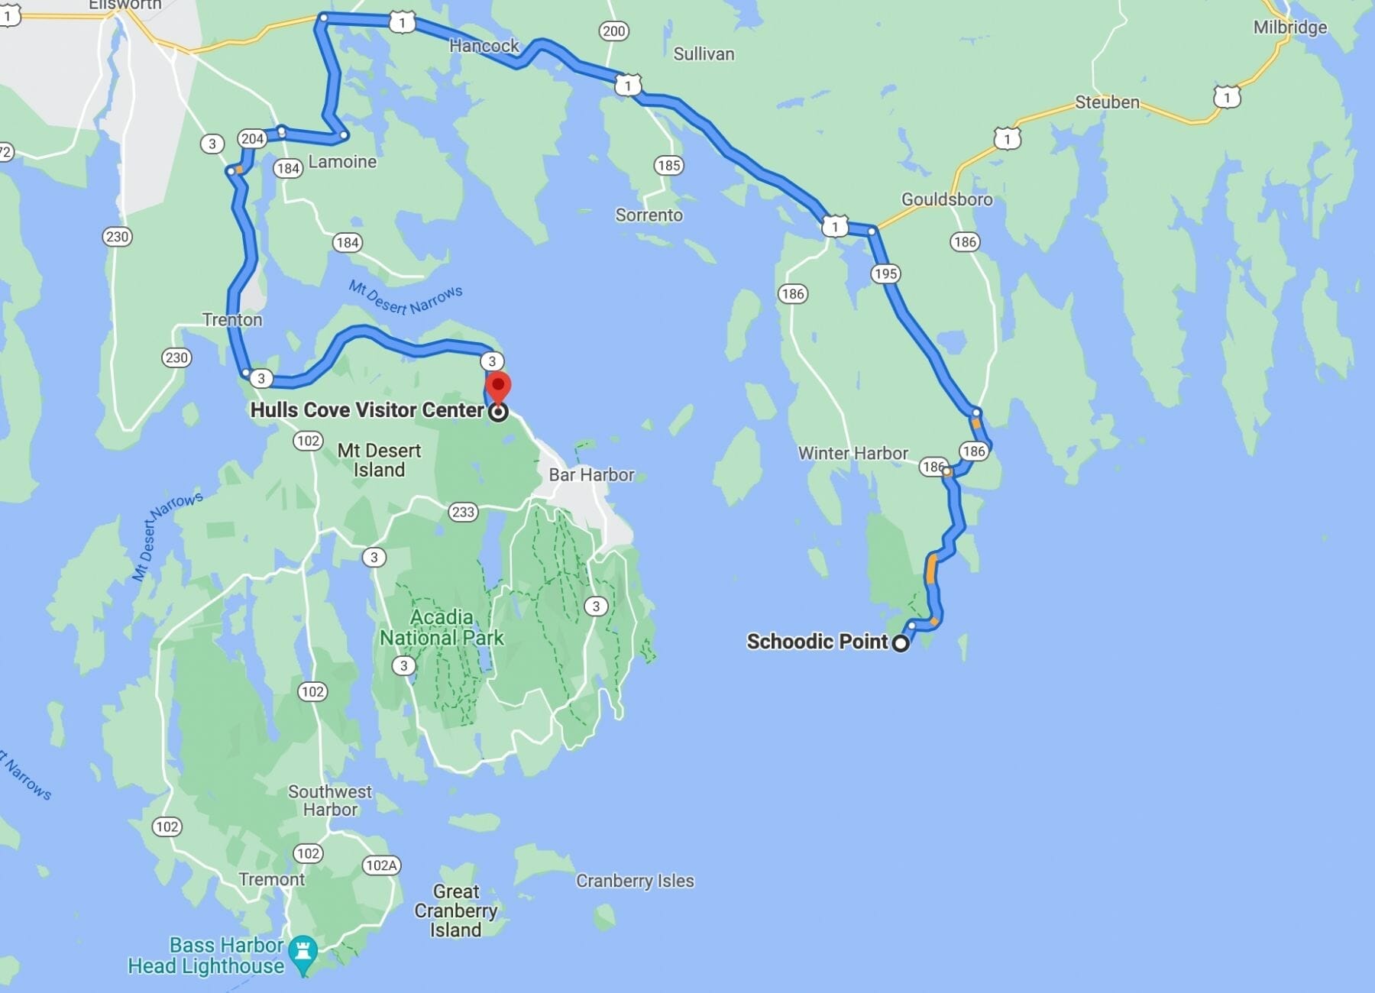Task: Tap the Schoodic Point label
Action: click(817, 642)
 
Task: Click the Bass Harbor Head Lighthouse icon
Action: click(304, 952)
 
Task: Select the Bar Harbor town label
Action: click(591, 475)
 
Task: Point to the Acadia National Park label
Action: click(442, 627)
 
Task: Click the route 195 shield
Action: click(885, 273)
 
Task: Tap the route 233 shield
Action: click(463, 512)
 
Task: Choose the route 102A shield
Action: click(380, 865)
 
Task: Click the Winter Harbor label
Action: click(852, 453)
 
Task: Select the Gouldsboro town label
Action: click(946, 199)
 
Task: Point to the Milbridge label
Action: click(1289, 27)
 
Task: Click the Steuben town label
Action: click(1106, 102)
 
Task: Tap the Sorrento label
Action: click(649, 215)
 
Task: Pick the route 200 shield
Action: click(613, 31)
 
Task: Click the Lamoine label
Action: click(342, 162)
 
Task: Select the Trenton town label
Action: click(232, 320)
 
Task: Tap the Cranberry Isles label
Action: click(634, 881)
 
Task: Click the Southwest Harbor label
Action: click(330, 801)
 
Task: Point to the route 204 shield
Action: click(252, 139)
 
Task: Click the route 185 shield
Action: click(668, 165)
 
